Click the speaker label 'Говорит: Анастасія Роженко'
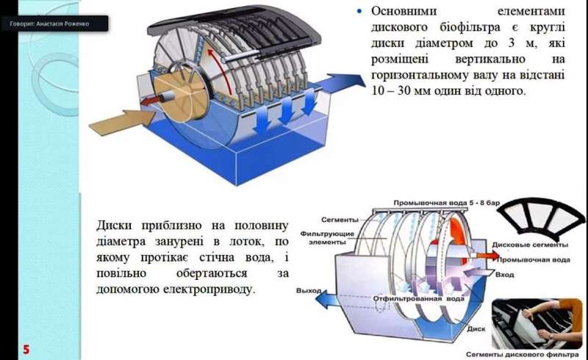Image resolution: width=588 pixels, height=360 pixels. coord(56,24)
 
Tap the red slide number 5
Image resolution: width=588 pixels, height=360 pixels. coord(26,348)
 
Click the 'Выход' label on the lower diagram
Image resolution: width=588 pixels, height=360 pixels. coord(309,291)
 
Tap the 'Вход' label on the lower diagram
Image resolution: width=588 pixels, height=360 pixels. coord(505,274)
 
